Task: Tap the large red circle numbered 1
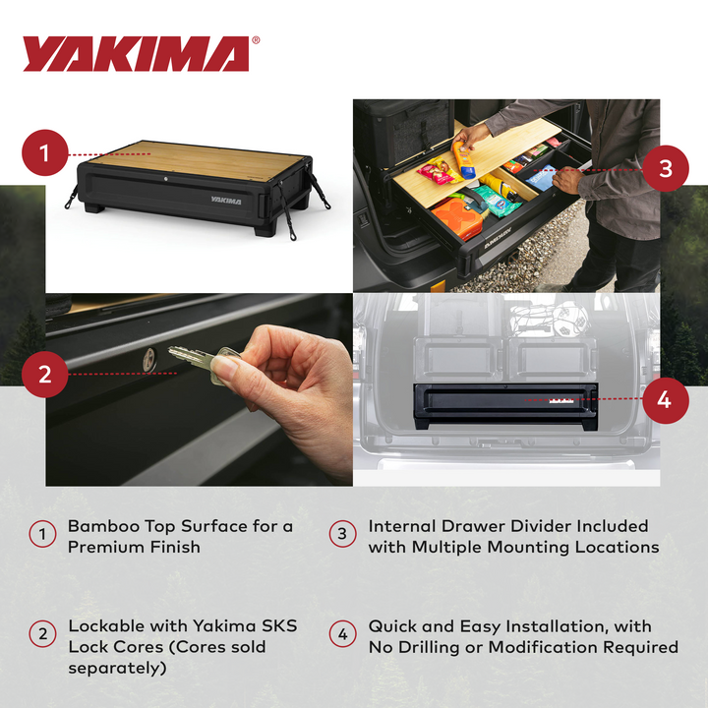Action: [45, 154]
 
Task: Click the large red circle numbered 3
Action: [666, 168]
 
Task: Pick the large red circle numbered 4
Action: [664, 399]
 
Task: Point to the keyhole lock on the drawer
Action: [148, 360]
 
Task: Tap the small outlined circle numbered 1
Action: [42, 535]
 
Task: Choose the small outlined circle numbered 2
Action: [42, 635]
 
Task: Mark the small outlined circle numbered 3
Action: [342, 535]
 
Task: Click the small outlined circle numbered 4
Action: [342, 635]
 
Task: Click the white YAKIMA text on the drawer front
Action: [224, 198]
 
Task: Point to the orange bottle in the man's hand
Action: [463, 159]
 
